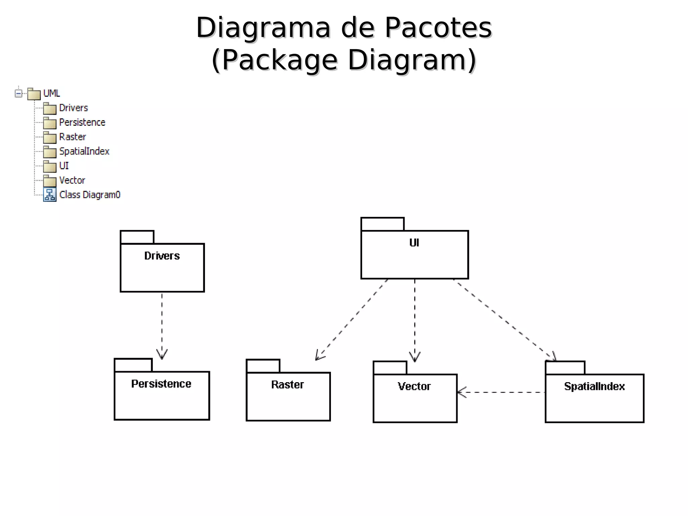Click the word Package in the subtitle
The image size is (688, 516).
click(279, 60)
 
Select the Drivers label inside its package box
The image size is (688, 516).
click(162, 256)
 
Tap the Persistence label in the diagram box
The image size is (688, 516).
click(161, 384)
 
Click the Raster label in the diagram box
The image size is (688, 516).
click(288, 385)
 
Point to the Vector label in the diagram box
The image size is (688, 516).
click(414, 386)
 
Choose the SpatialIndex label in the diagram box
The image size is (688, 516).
click(594, 386)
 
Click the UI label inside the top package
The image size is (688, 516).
click(414, 243)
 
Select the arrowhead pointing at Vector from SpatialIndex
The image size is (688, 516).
click(461, 392)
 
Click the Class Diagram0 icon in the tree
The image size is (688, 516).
click(50, 195)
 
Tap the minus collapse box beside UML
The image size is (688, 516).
click(18, 93)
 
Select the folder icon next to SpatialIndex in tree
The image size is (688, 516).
click(50, 152)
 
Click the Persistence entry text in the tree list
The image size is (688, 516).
click(82, 122)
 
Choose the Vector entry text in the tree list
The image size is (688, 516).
click(72, 180)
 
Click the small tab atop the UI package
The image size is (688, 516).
click(382, 224)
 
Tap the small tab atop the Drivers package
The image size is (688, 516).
click(137, 237)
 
